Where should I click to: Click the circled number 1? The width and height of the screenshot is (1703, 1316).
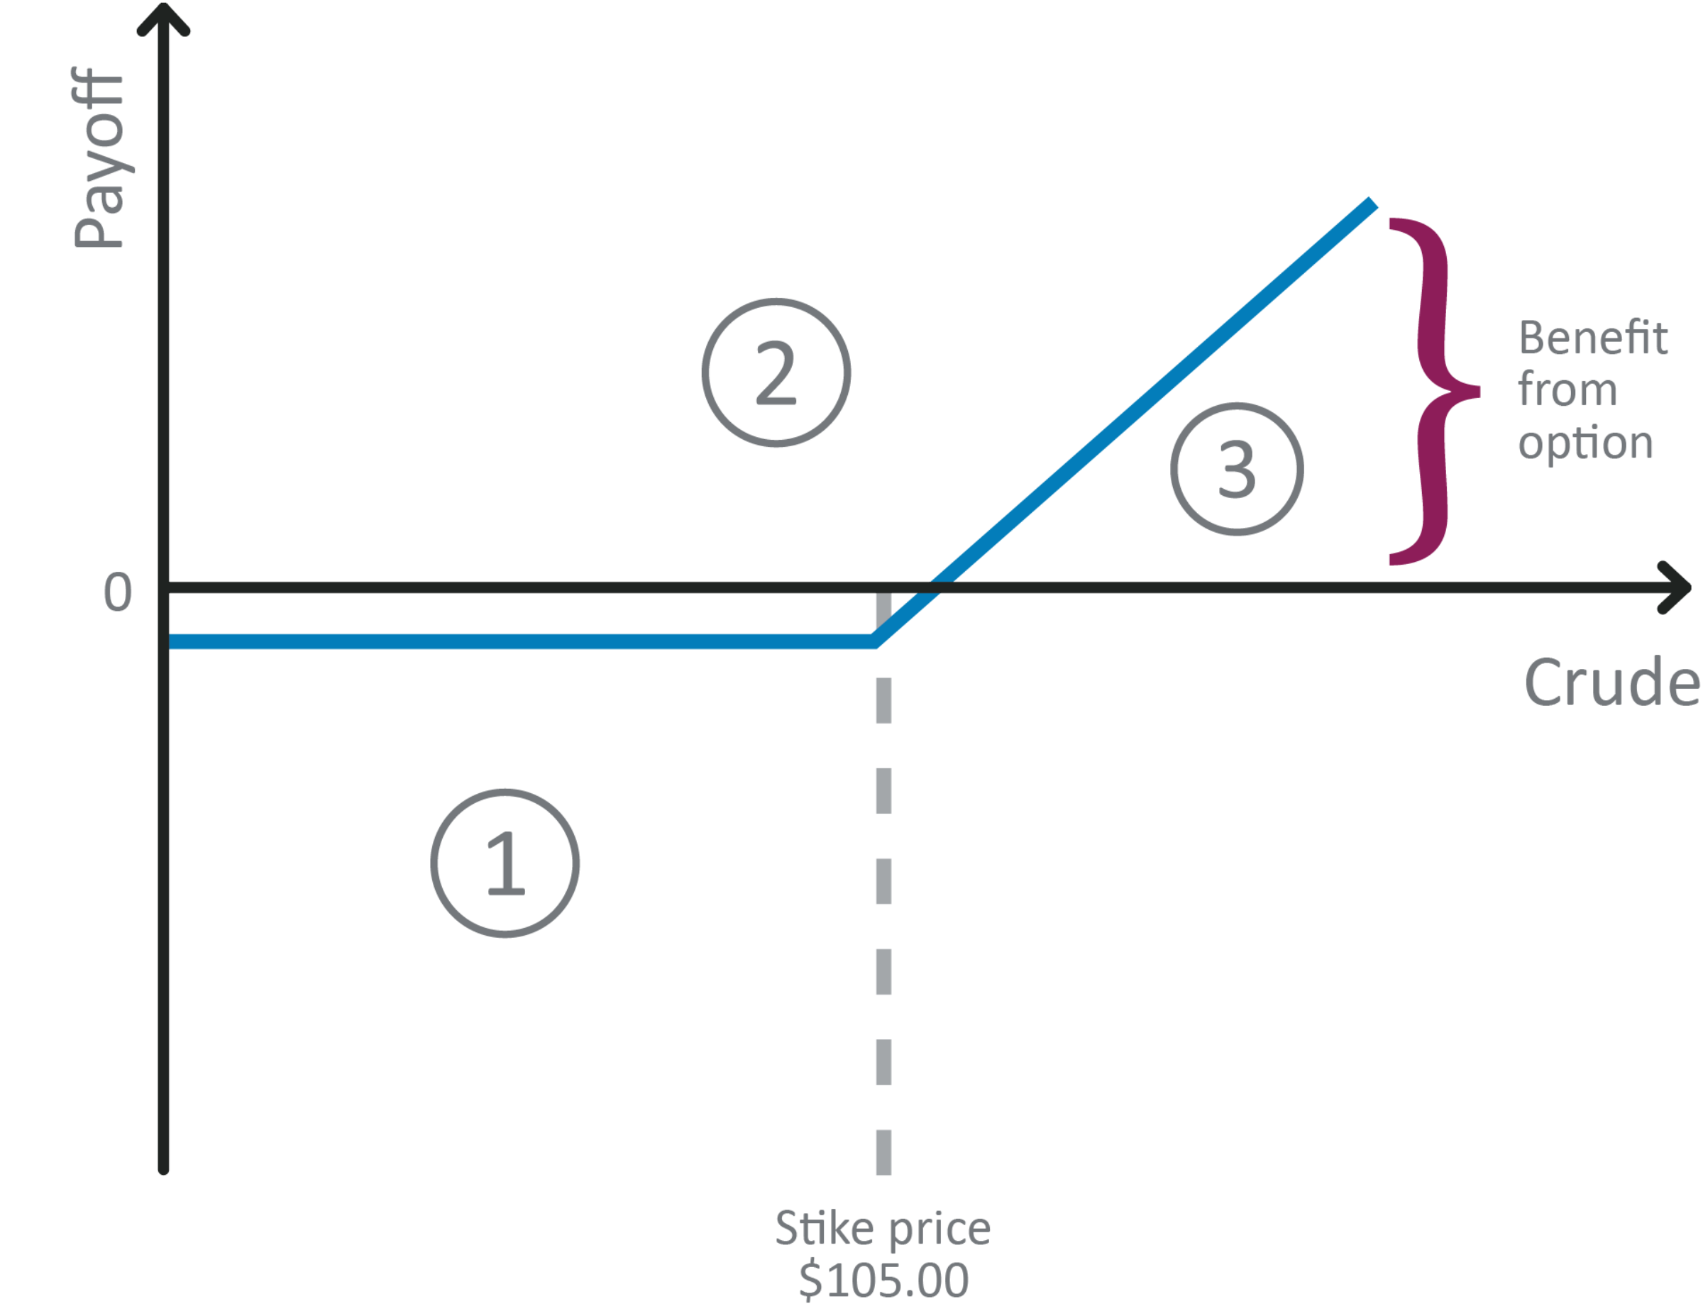[x=505, y=863]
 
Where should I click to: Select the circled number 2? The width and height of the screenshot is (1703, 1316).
[x=776, y=372]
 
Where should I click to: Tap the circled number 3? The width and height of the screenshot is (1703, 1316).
[x=1237, y=468]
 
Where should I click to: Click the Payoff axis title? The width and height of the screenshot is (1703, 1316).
[x=99, y=158]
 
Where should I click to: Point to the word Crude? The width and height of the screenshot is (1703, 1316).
[x=1611, y=682]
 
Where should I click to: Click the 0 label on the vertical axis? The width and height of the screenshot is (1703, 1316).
[x=118, y=592]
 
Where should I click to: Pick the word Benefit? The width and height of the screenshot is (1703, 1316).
[x=1593, y=338]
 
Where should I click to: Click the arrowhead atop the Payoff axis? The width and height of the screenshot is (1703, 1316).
[x=164, y=19]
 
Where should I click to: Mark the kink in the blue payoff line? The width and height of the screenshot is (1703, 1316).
[x=876, y=641]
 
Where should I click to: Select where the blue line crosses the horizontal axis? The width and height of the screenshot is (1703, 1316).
[x=937, y=587]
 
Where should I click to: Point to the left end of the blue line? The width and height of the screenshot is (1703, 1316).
[x=173, y=641]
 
